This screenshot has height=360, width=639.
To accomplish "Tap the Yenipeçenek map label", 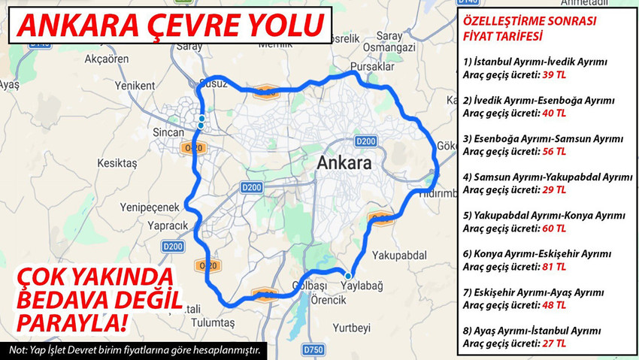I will pos(151,207).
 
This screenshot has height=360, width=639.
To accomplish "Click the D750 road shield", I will pos(313,349).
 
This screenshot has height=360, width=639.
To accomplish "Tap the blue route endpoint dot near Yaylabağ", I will pos(348,276).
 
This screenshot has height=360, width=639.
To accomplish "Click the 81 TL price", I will pos(553,267).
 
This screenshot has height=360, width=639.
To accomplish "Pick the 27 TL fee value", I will pos(553,343).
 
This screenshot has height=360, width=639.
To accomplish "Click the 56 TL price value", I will pos(553,151).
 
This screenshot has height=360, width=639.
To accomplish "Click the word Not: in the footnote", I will pos(18,351).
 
